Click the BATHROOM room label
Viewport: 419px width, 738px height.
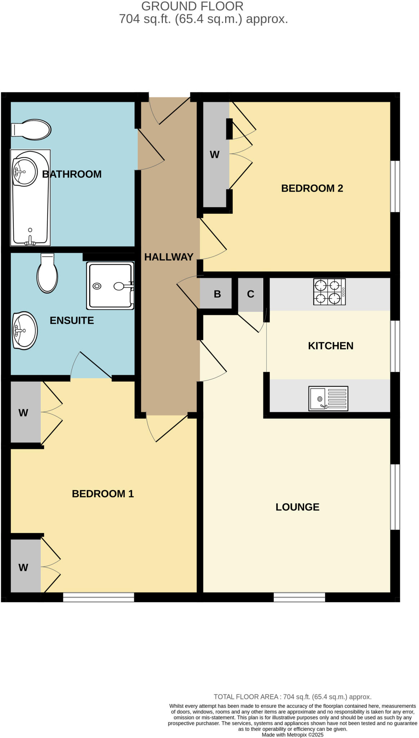72,174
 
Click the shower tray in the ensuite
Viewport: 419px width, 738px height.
110,286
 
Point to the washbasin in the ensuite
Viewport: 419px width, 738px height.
24,330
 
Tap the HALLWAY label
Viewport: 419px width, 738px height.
169,257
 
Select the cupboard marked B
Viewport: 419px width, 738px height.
217,294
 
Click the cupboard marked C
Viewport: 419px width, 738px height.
250,294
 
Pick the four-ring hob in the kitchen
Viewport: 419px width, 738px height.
329,292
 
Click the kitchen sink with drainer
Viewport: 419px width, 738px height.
328,398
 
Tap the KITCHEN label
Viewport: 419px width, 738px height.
330,346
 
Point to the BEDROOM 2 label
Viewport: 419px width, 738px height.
312,188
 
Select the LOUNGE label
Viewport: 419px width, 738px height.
297,507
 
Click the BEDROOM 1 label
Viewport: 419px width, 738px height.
103,494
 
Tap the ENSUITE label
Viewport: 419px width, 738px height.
72,320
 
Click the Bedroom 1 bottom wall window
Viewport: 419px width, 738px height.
98,597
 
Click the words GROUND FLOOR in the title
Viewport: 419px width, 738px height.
192,6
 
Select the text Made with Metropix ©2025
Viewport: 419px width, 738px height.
293,735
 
